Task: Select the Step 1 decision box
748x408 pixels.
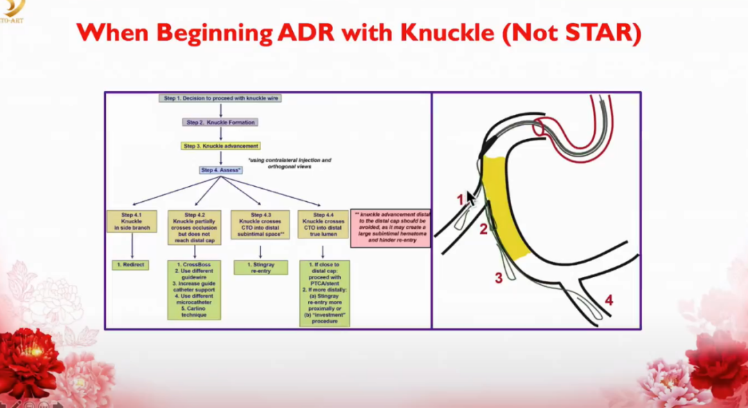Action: coord(220,98)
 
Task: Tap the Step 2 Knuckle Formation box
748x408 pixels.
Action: coord(220,122)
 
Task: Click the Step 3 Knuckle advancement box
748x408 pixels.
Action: coord(221,146)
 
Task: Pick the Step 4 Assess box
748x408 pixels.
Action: coord(221,170)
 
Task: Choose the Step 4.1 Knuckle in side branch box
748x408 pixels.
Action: coord(132,222)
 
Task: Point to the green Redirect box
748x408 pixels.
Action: coord(131,265)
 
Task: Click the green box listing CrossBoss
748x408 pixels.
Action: coord(195,290)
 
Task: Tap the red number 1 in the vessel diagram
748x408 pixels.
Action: coord(459,199)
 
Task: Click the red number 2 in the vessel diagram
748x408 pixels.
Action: coord(483,229)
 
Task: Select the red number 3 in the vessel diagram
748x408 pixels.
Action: coord(497,278)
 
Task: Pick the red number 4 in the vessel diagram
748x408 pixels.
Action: coord(608,300)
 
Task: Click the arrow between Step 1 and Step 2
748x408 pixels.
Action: coord(220,110)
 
